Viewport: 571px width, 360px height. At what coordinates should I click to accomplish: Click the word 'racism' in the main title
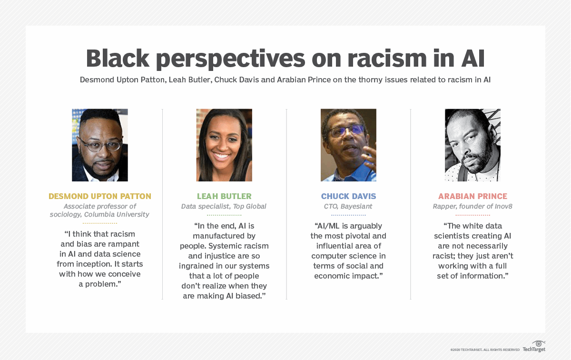tap(387, 59)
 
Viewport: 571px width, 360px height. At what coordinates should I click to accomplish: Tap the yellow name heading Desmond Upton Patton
tap(100, 196)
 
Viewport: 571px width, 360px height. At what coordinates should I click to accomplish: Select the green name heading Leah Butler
tap(224, 196)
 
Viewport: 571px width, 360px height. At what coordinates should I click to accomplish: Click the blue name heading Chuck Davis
tap(348, 196)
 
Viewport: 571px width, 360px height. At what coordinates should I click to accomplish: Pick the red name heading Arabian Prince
tap(473, 196)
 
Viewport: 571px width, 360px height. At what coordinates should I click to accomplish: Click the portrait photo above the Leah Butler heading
tap(224, 145)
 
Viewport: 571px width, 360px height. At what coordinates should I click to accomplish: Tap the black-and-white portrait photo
tap(473, 145)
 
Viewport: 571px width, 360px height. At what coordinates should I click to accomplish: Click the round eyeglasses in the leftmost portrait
tap(101, 145)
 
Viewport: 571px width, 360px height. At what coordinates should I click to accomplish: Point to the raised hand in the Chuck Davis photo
tap(370, 158)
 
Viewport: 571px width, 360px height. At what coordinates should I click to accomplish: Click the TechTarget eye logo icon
tap(538, 343)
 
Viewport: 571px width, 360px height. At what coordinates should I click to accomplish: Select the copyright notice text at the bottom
tap(485, 350)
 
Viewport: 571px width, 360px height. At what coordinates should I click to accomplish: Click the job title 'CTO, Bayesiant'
tap(348, 206)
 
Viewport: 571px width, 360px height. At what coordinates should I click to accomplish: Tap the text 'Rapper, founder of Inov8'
tap(473, 206)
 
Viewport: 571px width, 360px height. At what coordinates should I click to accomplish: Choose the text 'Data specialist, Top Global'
tap(224, 206)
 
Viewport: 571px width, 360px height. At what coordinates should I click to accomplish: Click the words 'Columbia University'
tap(117, 215)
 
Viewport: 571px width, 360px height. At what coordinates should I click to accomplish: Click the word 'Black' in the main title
tap(118, 59)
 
